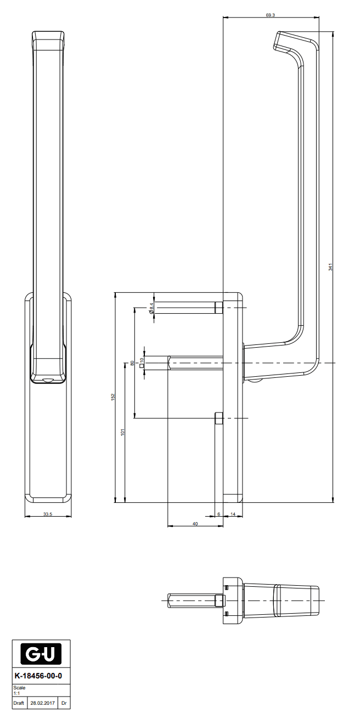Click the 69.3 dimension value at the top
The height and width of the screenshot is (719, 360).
pyautogui.click(x=270, y=15)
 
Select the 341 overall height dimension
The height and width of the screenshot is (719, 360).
pyautogui.click(x=330, y=267)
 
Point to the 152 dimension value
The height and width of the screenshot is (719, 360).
pyautogui.click(x=113, y=397)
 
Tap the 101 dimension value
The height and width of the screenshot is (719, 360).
pyautogui.click(x=123, y=432)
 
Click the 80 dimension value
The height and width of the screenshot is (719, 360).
pyautogui.click(x=132, y=363)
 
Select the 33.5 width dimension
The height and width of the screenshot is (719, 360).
pyautogui.click(x=48, y=514)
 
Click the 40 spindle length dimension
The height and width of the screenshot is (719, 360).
pyautogui.click(x=195, y=524)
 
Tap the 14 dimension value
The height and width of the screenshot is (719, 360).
pyautogui.click(x=233, y=514)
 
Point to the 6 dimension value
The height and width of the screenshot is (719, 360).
pyautogui.click(x=218, y=514)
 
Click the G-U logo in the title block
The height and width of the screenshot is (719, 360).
pyautogui.click(x=41, y=654)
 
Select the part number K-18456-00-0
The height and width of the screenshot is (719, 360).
pyautogui.click(x=41, y=676)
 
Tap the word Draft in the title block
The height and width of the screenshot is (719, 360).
pyautogui.click(x=19, y=703)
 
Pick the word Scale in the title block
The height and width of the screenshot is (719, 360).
pyautogui.click(x=19, y=688)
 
